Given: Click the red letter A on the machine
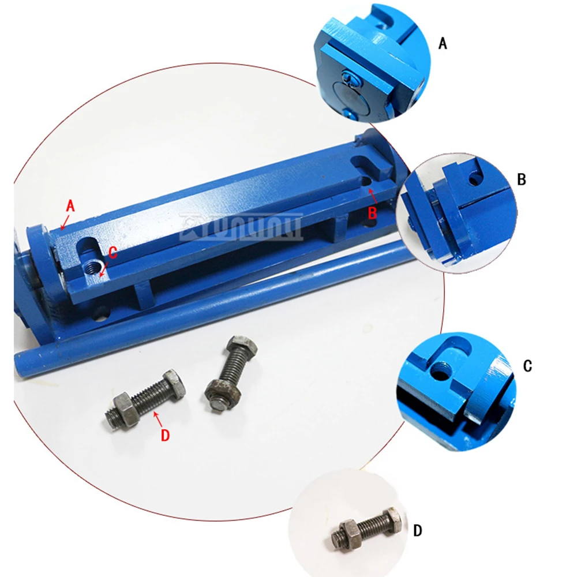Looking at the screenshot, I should click(71, 205).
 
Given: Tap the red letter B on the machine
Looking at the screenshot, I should click(373, 212).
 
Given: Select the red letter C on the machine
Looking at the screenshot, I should click(113, 252).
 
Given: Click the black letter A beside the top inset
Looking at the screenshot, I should click(443, 43).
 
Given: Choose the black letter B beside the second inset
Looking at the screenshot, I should click(522, 179).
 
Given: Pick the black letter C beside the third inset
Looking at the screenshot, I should click(527, 366).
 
